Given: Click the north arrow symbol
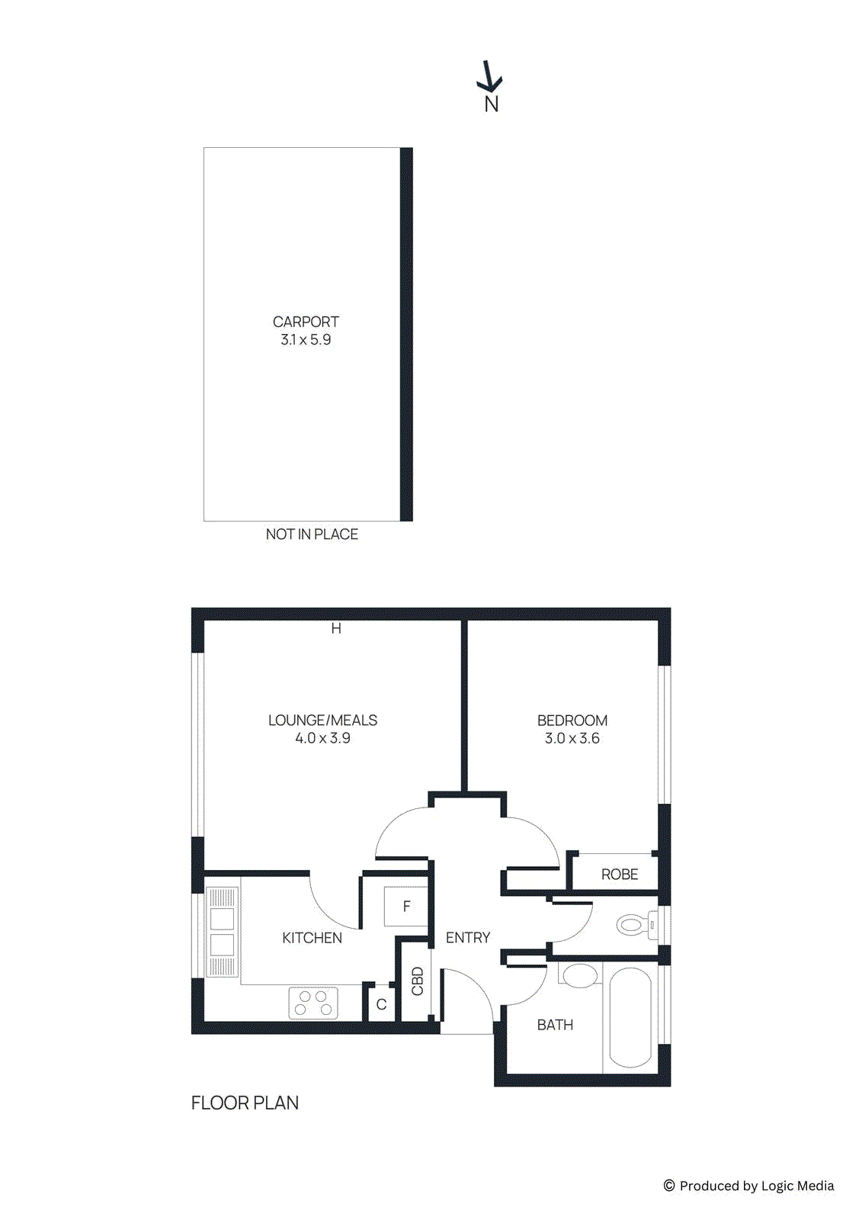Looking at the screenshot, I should point(489,77).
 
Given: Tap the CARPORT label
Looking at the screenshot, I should point(306,322).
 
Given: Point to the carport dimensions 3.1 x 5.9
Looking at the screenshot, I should point(306,340).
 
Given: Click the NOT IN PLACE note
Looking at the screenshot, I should point(312,535).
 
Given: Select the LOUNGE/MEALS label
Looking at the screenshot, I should point(322,720).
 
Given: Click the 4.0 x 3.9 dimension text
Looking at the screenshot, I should point(322,738).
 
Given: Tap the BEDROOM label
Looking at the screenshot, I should point(572,721).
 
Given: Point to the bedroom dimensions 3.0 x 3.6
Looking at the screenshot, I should point(572,738).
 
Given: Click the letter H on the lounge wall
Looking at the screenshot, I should point(336,629).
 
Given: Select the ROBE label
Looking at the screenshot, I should point(620,875).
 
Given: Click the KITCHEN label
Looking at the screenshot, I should point(312,938).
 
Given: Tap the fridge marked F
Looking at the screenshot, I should point(406,907).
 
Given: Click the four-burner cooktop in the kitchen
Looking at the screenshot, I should point(313,1003).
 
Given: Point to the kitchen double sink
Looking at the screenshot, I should point(223,932).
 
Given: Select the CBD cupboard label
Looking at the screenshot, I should point(417,981).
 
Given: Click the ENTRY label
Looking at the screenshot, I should point(468,938).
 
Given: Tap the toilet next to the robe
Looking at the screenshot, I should point(635,925).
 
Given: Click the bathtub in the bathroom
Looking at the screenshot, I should point(630,1017).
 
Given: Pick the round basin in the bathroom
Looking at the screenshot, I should point(580,975).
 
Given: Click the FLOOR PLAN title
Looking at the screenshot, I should point(245,1103).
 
